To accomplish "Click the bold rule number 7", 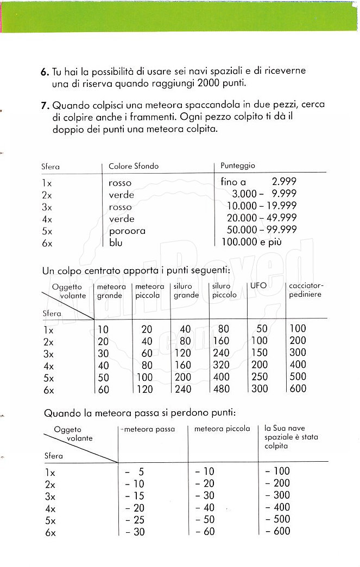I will click(45, 105).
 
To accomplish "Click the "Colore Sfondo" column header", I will click(134, 166).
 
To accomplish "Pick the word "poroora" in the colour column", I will click(127, 231).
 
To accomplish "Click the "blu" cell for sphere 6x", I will click(116, 243).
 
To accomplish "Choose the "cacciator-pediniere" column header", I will click(306, 290).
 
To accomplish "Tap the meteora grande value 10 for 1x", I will click(103, 329).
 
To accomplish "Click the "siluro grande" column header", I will click(186, 290).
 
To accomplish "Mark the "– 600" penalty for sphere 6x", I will click(277, 531).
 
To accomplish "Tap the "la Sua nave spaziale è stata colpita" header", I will click(291, 437).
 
